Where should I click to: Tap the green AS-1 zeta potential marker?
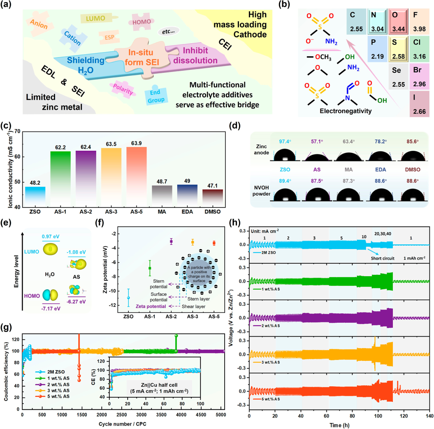click(x=150, y=268)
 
